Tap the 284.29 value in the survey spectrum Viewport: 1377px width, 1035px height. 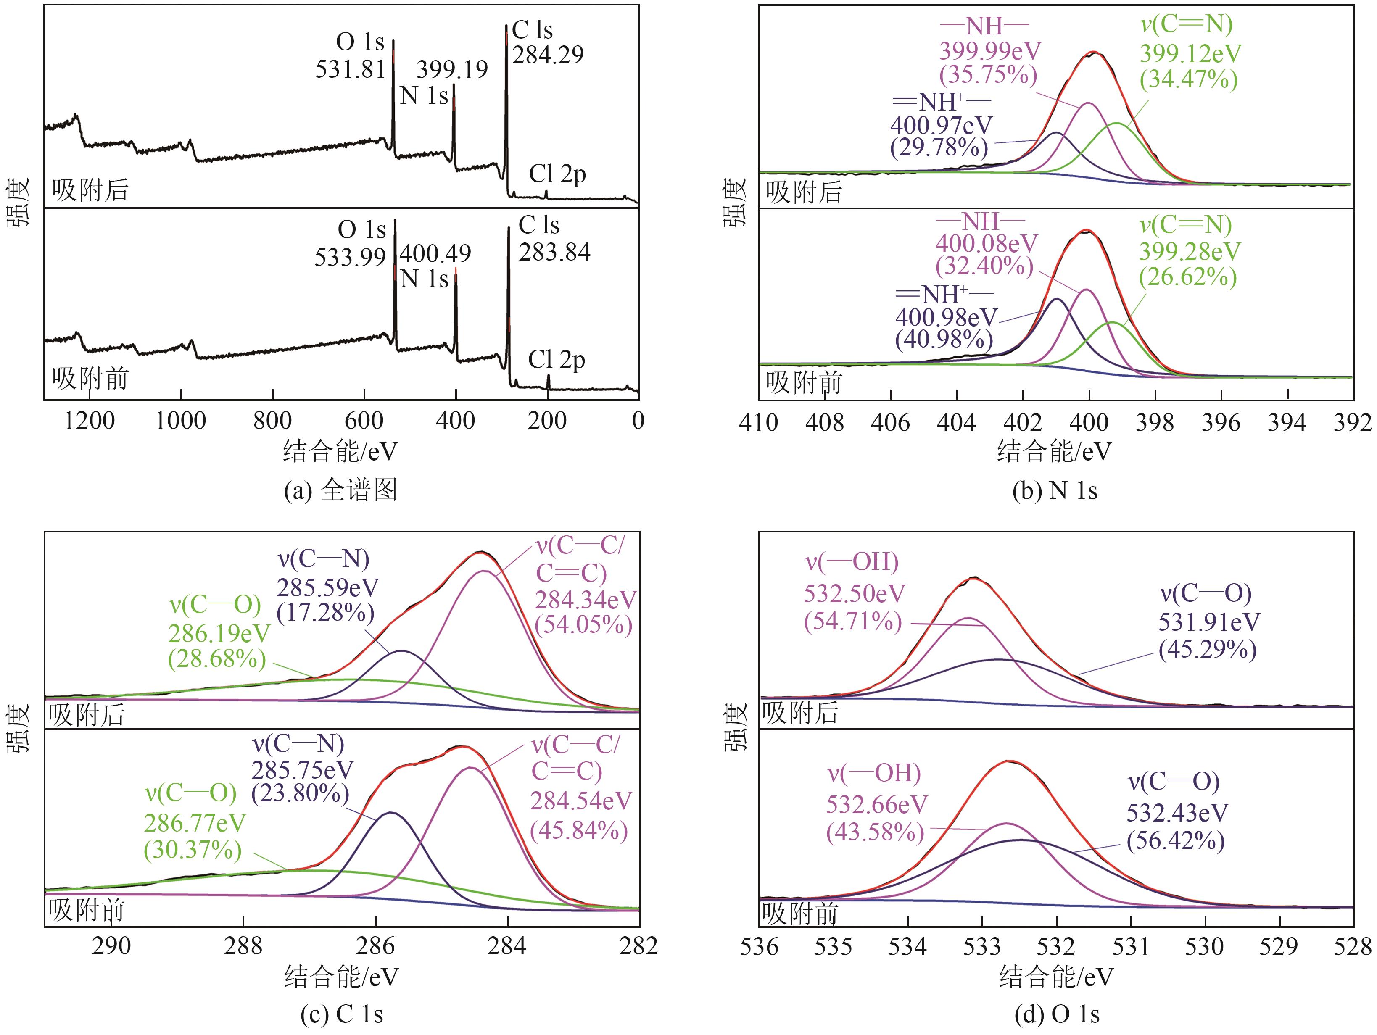pos(548,55)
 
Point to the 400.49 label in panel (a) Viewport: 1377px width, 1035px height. pos(435,254)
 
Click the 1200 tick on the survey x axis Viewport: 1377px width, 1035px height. pos(90,421)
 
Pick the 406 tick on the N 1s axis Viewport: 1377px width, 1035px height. pos(890,423)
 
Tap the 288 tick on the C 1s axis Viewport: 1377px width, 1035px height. pos(243,947)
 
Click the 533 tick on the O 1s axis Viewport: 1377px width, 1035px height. pos(982,947)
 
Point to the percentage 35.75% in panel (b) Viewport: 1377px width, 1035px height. pos(989,75)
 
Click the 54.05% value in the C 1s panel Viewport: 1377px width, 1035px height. pos(584,625)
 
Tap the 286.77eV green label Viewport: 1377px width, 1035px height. pos(195,823)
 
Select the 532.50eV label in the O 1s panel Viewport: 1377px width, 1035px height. pos(854,594)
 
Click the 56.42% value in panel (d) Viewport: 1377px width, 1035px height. pos(1175,841)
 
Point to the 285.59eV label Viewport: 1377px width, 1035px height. pos(327,587)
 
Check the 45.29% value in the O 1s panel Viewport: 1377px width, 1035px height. pos(1207,650)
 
